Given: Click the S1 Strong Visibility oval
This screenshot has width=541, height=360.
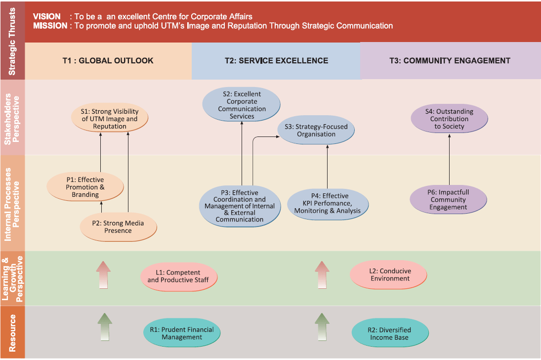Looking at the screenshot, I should [110, 119].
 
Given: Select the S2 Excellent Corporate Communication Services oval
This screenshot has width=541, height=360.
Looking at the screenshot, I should [242, 105].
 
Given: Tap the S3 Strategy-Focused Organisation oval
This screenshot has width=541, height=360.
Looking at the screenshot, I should [316, 130].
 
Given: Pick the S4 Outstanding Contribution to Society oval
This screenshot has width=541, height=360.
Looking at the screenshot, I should [449, 119].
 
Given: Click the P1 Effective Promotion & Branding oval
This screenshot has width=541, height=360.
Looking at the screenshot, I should [85, 187].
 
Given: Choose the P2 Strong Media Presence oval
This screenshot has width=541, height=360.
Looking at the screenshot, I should [118, 227].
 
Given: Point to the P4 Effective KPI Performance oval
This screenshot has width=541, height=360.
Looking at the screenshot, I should [327, 203].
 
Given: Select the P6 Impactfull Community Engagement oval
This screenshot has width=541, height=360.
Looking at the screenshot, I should [448, 200].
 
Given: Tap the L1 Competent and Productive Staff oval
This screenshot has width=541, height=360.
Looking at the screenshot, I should [178, 276].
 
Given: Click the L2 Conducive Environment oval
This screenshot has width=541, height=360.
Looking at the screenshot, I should [388, 275].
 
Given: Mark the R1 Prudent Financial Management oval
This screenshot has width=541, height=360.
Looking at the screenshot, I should [182, 333].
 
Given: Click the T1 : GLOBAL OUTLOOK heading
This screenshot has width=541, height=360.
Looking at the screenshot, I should [108, 61].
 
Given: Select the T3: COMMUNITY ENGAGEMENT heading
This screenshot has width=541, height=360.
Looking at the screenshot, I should [450, 61].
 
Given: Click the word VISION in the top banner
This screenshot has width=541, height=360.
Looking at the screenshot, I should [46, 17].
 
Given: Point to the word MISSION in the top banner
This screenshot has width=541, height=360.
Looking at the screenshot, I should [50, 26].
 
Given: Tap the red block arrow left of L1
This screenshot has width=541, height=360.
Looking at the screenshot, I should [103, 274].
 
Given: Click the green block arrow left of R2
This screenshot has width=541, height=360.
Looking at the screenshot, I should [322, 326].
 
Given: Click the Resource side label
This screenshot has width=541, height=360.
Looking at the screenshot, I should [12, 332].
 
